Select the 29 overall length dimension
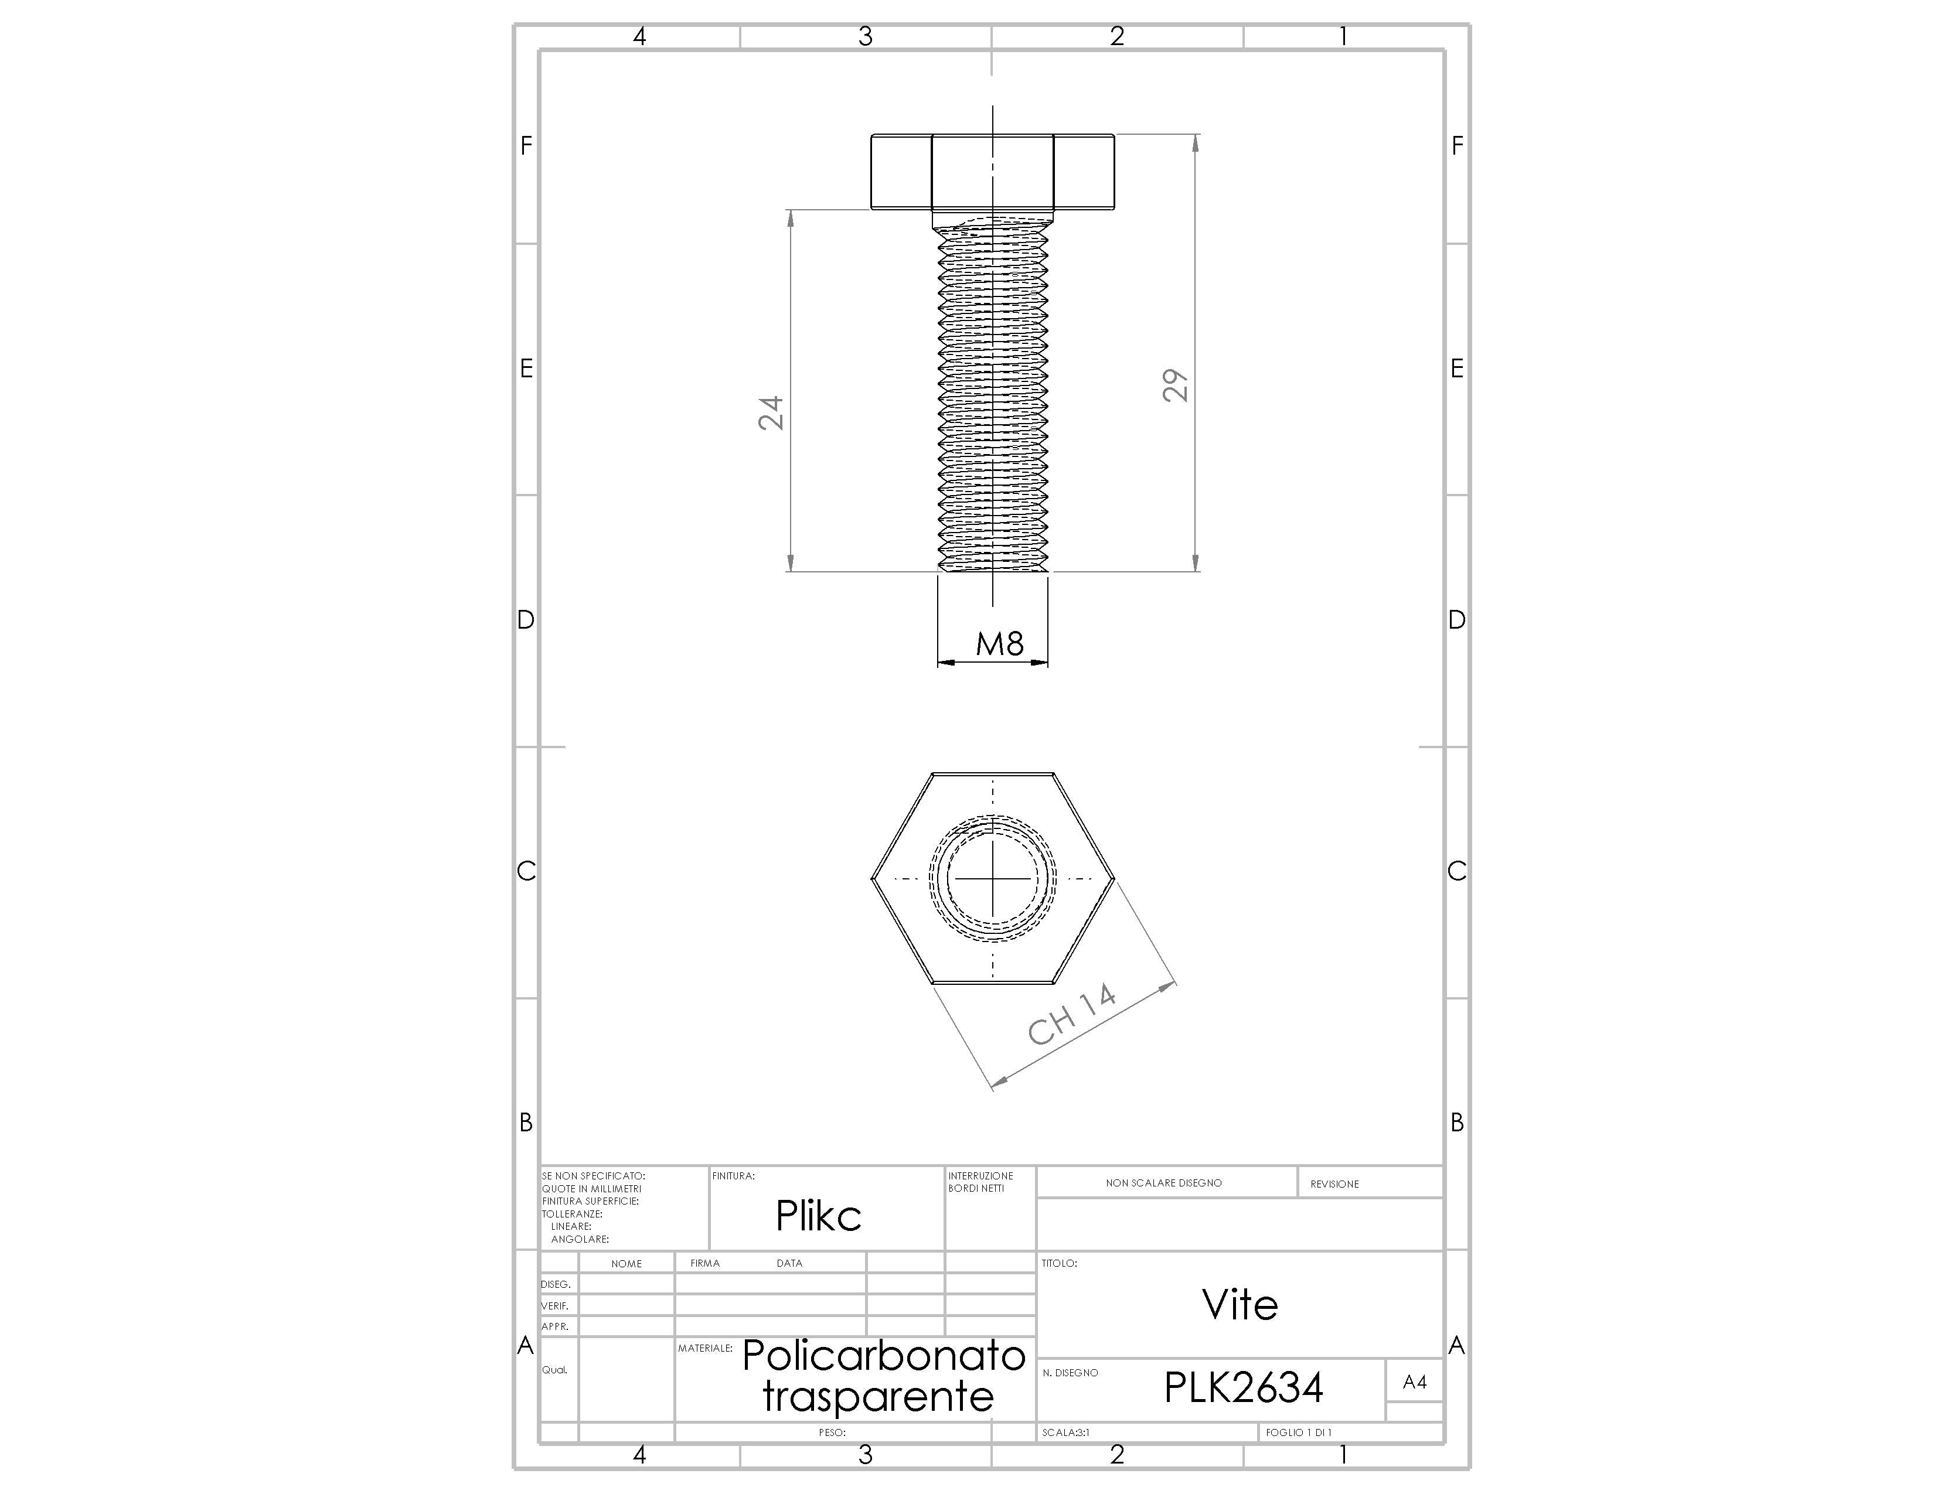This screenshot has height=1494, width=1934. pyautogui.click(x=1175, y=386)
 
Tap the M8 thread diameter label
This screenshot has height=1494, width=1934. pyautogui.click(x=1000, y=643)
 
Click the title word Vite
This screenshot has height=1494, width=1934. pyautogui.click(x=1240, y=1305)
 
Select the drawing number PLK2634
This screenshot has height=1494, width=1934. pyautogui.click(x=1243, y=1387)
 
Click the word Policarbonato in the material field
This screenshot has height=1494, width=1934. pyautogui.click(x=884, y=1355)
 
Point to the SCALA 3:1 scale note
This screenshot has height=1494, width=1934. pyautogui.click(x=1066, y=1432)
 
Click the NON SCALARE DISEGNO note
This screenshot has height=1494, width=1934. pyautogui.click(x=1163, y=1182)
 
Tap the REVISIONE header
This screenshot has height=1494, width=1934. pyautogui.click(x=1334, y=1183)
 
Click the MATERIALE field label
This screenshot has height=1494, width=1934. pyautogui.click(x=705, y=1348)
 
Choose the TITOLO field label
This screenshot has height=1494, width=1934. pyautogui.click(x=1059, y=1263)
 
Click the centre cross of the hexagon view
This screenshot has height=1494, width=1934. pyautogui.click(x=993, y=879)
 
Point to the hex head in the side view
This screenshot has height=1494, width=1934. pyautogui.click(x=993, y=172)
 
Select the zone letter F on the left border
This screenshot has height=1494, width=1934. pyautogui.click(x=526, y=146)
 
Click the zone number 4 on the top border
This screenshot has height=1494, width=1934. pyautogui.click(x=639, y=36)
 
